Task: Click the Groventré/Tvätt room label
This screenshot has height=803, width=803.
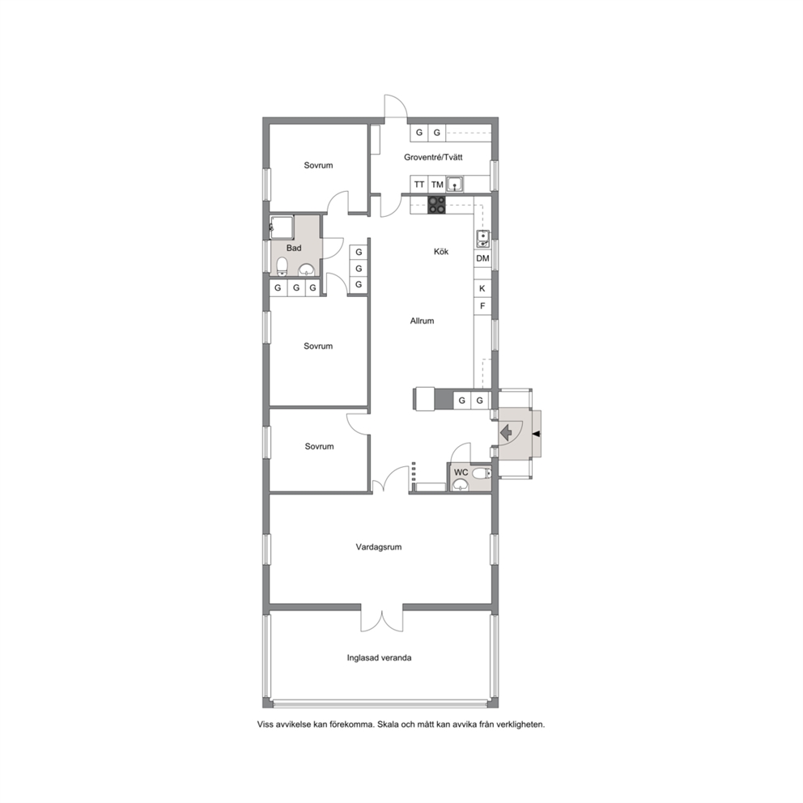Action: pyautogui.click(x=433, y=157)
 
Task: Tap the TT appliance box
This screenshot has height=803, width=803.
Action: pyautogui.click(x=419, y=185)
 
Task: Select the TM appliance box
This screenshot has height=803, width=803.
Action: pyautogui.click(x=437, y=185)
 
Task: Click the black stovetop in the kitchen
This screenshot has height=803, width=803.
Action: pyautogui.click(x=436, y=205)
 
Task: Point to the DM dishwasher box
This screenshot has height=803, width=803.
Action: pyautogui.click(x=482, y=258)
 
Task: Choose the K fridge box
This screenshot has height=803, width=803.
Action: pyautogui.click(x=482, y=289)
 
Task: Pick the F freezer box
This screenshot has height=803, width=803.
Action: pyautogui.click(x=482, y=306)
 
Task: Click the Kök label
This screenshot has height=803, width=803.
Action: pyautogui.click(x=441, y=252)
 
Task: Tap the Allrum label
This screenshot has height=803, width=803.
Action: pyautogui.click(x=422, y=321)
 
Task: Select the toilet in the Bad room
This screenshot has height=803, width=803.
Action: pyautogui.click(x=281, y=266)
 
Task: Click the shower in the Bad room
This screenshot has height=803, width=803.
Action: pyautogui.click(x=282, y=227)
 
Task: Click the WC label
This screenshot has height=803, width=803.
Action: pyautogui.click(x=461, y=472)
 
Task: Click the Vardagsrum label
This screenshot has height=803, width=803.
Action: pyautogui.click(x=379, y=547)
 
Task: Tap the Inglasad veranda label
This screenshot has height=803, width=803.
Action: pyautogui.click(x=379, y=658)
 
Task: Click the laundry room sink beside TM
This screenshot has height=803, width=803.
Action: pyautogui.click(x=455, y=184)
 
